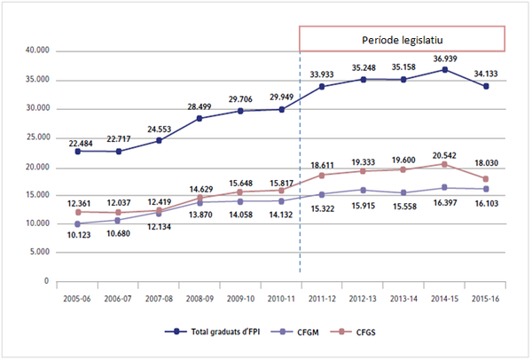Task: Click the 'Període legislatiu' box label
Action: [x=402, y=40]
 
